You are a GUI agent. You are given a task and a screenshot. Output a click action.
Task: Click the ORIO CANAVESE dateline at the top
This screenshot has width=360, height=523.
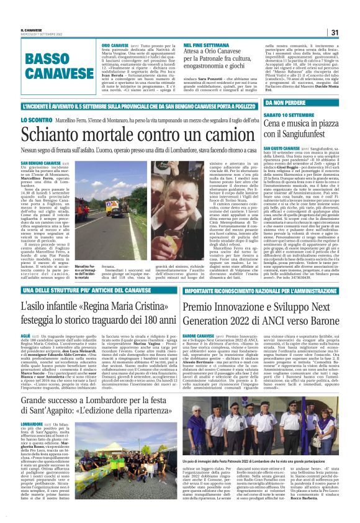coord(115,47)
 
